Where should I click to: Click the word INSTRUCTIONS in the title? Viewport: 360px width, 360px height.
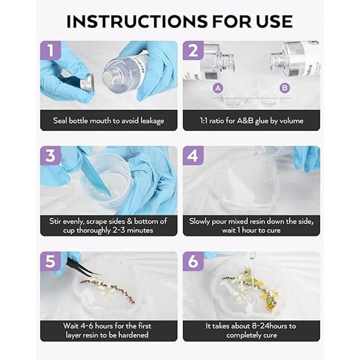137,22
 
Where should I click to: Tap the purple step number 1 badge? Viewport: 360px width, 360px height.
51,50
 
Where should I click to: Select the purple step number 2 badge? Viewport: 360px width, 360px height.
193,50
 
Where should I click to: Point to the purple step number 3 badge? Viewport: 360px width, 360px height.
51,155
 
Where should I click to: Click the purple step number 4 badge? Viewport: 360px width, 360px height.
193,155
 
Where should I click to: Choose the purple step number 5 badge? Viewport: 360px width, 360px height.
51,261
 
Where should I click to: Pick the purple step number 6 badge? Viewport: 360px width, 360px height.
193,261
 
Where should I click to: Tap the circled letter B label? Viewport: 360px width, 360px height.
285,88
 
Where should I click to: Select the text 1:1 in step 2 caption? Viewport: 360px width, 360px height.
204,121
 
